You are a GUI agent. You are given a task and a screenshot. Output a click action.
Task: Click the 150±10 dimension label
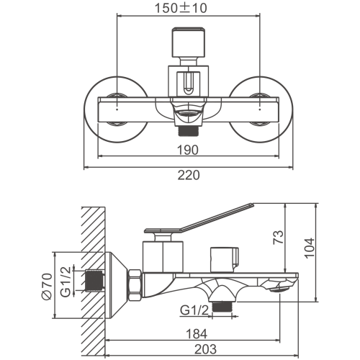[x=181, y=8]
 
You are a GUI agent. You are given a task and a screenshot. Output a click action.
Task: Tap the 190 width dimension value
[x=188, y=150]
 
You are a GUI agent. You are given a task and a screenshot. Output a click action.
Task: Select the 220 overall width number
[x=189, y=175]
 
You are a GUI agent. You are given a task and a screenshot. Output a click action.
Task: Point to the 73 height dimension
[x=278, y=238]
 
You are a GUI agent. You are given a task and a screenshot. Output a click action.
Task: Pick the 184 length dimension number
[x=197, y=334]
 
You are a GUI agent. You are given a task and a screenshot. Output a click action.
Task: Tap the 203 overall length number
[x=205, y=349]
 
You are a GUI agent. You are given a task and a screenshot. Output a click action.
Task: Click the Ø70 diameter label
[x=47, y=287]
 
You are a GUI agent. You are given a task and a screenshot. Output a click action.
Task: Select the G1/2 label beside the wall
[x=66, y=282]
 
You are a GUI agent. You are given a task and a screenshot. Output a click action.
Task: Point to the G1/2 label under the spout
[x=194, y=310]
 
